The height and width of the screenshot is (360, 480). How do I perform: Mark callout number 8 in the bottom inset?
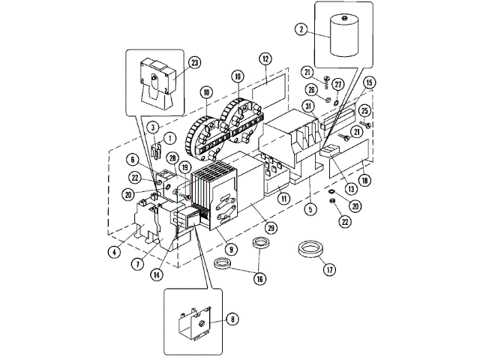click(232, 319)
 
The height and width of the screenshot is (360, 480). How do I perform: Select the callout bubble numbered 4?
click(113, 252)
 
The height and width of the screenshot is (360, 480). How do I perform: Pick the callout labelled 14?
click(155, 274)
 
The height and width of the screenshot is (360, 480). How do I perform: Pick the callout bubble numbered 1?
click(169, 138)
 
